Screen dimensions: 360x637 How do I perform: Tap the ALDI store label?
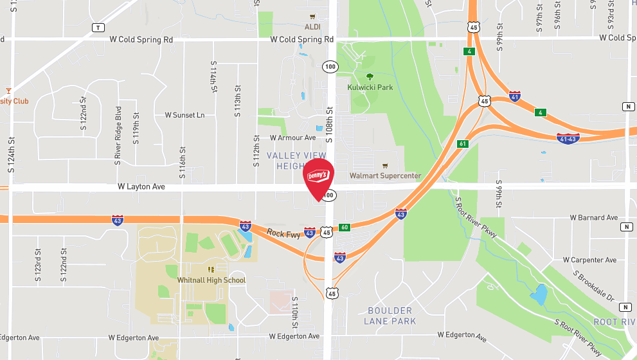312,26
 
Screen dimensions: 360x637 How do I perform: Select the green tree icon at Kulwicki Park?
370,76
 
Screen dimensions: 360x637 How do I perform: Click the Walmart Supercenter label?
385,175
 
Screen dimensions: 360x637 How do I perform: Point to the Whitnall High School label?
211,280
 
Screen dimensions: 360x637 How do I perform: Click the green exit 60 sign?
345,227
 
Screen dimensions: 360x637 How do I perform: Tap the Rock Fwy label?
283,234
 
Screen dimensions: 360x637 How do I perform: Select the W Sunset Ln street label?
184,115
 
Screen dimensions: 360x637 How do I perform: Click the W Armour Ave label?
293,138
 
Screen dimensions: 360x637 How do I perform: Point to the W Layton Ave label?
141,186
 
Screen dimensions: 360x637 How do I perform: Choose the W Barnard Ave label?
593,218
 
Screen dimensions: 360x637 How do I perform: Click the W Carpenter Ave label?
589,260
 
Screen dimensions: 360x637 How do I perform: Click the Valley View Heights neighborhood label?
296,161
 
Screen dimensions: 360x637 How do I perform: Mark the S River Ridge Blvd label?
118,136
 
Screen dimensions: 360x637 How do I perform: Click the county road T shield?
98,28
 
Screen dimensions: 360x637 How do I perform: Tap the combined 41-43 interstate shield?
568,138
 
